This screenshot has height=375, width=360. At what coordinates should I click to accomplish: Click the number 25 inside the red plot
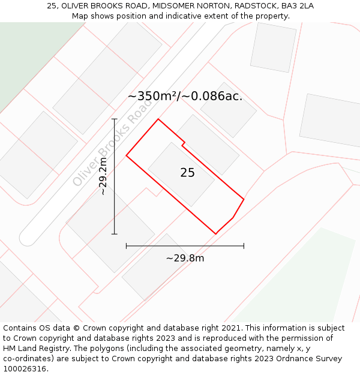tap(187, 173)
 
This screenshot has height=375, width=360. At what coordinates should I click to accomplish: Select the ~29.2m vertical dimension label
tap(103, 176)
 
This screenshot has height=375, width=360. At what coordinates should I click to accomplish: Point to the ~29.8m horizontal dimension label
tap(185, 258)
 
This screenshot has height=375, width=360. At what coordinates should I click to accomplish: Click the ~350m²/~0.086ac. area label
tap(185, 96)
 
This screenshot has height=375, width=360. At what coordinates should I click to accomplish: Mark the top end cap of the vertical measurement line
tap(115, 119)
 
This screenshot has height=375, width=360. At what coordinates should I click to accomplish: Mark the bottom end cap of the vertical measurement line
tap(115, 234)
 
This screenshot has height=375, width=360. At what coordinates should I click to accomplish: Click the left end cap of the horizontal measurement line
tap(126, 245)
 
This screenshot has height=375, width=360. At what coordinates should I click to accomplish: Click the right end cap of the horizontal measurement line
tap(244, 245)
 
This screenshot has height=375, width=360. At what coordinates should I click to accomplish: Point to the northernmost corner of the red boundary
tap(158, 119)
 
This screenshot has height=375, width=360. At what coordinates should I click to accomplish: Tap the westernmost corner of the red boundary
tap(126, 156)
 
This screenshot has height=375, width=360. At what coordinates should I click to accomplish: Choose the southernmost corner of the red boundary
tap(215, 234)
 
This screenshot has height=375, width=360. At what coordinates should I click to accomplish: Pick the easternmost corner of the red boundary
tap(244, 199)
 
